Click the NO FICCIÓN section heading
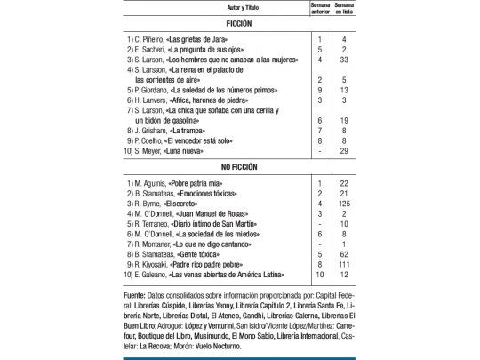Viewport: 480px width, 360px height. click(x=241, y=166)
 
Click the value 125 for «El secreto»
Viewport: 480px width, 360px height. click(x=343, y=203)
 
